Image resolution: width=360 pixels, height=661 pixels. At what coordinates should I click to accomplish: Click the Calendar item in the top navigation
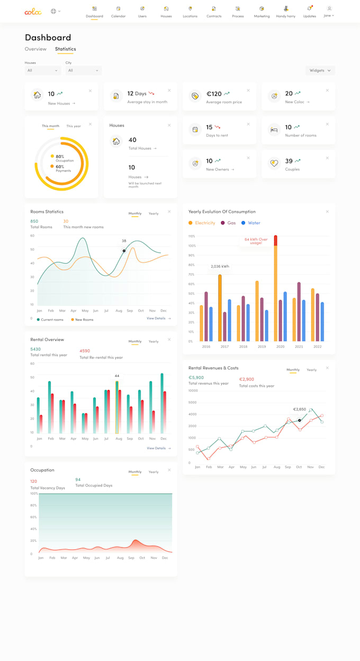118,12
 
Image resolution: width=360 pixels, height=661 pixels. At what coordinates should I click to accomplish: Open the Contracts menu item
214,12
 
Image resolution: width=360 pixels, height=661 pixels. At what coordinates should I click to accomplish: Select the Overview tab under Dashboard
35,49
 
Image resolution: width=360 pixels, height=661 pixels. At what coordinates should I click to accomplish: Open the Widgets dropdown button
320,70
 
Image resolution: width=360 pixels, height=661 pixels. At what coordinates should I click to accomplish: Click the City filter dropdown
84,70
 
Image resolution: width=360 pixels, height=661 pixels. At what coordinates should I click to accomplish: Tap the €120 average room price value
214,94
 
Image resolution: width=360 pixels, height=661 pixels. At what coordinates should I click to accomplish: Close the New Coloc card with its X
327,90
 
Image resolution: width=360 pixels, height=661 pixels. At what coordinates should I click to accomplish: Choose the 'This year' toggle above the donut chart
74,126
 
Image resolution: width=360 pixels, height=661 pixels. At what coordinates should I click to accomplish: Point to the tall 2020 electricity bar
275,291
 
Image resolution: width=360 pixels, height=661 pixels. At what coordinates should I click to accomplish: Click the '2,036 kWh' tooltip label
220,266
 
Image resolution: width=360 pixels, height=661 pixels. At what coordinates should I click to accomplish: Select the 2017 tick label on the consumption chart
224,347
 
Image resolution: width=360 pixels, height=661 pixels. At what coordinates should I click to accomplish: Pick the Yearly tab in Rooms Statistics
154,214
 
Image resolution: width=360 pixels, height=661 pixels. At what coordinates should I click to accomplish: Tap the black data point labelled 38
124,251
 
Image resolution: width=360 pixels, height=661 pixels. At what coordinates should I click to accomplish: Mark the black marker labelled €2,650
300,420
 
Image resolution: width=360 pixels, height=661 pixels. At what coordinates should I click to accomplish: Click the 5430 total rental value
35,349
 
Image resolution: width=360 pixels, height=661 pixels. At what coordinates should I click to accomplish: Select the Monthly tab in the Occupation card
135,472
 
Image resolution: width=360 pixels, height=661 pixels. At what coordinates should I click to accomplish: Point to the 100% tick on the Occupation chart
34,494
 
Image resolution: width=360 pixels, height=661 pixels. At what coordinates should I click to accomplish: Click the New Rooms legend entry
84,320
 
